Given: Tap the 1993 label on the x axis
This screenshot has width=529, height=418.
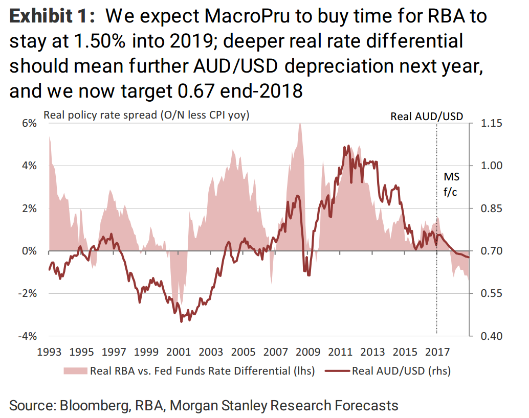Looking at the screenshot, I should point(49,352).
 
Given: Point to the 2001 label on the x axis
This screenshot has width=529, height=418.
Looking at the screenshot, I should point(179,352).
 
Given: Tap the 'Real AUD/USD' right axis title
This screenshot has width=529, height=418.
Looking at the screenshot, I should point(427,116).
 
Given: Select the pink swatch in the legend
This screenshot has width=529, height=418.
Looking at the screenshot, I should point(74,370).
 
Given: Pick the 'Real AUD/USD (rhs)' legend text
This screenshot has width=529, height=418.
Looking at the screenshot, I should point(401,370).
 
